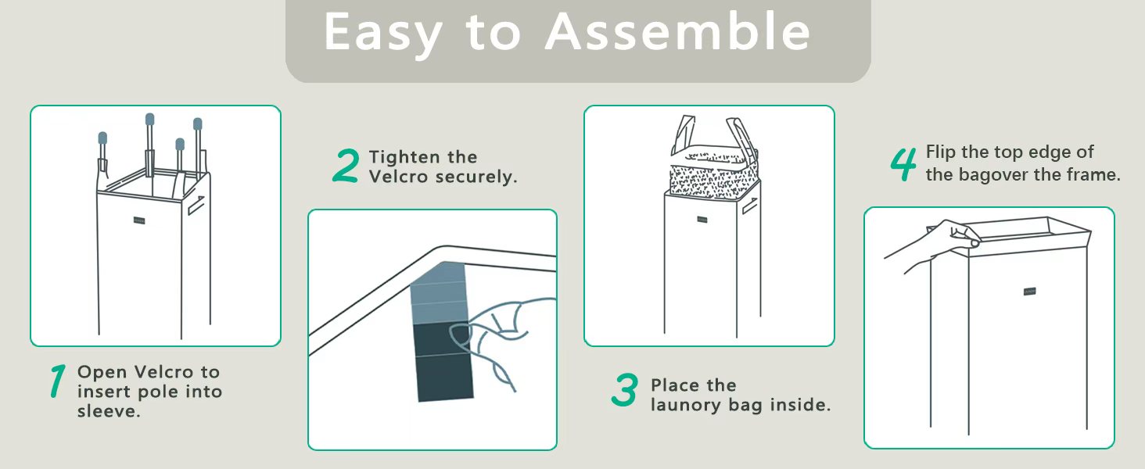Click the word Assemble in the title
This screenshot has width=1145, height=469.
click(x=677, y=31)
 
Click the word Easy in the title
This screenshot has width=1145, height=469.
click(x=383, y=34)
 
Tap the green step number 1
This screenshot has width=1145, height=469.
click(x=58, y=381)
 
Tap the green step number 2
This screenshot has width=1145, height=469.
click(x=346, y=166)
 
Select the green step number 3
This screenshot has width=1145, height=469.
click(x=625, y=390)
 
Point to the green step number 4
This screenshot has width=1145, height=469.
click(x=903, y=164)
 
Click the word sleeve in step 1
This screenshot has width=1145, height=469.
click(x=107, y=411)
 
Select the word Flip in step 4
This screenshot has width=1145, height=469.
click(x=941, y=152)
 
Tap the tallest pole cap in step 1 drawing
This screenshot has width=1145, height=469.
click(x=149, y=120)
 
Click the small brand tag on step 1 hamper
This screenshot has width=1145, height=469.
click(x=139, y=220)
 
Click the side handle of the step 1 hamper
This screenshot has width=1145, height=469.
click(x=196, y=206)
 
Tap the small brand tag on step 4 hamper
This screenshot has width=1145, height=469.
click(x=1029, y=292)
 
